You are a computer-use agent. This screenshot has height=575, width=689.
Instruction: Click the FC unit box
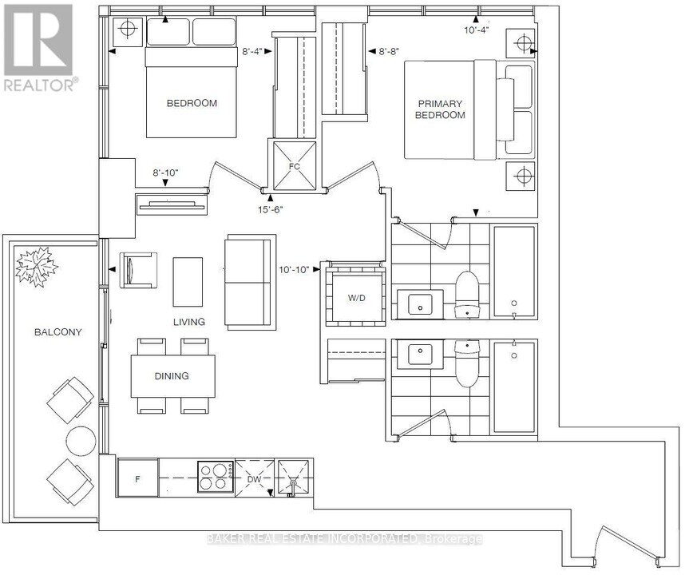295,167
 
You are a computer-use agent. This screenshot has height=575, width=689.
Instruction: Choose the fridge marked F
138,478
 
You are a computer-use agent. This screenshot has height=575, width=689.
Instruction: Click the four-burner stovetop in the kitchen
215,477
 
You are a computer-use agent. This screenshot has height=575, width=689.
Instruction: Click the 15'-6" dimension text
270,209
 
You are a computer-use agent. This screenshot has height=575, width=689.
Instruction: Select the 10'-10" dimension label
299,270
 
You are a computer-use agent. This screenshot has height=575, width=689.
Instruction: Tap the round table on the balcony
81,440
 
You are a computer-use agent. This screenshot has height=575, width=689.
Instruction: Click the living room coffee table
188,280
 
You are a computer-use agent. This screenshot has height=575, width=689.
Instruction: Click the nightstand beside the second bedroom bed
127,33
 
